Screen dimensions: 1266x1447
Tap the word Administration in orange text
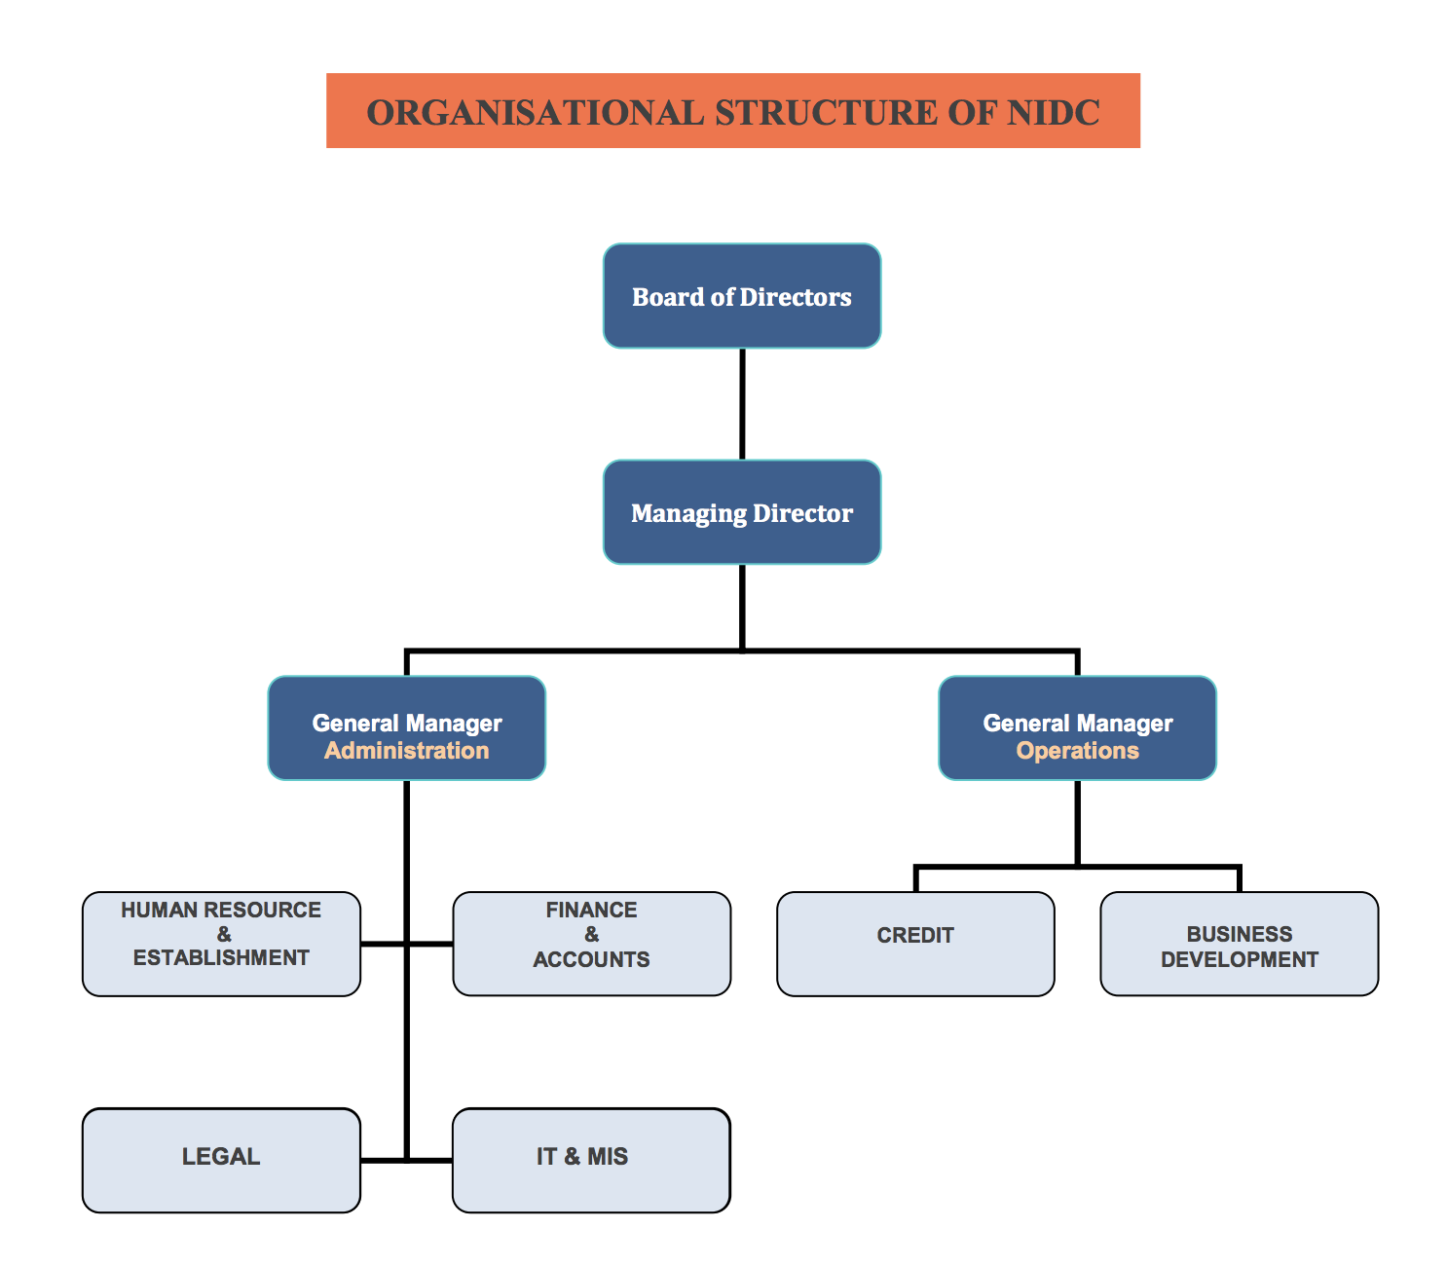[x=406, y=751]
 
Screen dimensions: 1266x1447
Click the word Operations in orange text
[x=1077, y=751]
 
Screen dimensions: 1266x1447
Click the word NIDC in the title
[x=1054, y=112]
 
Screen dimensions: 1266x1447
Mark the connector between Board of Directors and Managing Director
[x=742, y=404]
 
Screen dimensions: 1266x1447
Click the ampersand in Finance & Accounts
[x=591, y=935]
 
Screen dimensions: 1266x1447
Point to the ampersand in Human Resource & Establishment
[x=224, y=935]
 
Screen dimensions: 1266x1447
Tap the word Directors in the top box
[x=796, y=297]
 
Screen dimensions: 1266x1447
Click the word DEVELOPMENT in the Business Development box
[x=1239, y=960]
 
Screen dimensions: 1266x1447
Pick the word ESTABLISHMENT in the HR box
[x=221, y=958]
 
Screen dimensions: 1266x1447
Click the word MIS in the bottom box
[x=608, y=1157]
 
